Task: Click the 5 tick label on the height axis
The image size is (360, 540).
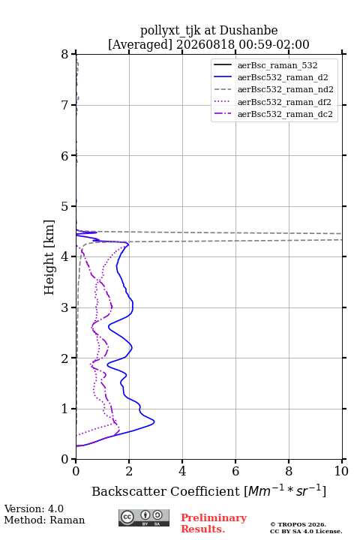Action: click(x=64, y=207)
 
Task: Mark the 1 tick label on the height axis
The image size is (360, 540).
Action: click(x=64, y=409)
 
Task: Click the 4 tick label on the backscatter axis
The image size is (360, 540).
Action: click(x=182, y=471)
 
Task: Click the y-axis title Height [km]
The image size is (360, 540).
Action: click(x=49, y=257)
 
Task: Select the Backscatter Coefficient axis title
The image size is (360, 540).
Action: click(x=208, y=491)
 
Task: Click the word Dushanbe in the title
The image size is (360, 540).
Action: click(x=248, y=31)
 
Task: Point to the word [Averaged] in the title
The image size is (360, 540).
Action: click(x=140, y=45)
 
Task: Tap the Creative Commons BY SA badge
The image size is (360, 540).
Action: click(x=144, y=517)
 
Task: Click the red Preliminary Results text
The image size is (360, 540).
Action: click(x=214, y=523)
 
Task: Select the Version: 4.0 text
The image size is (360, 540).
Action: click(x=34, y=508)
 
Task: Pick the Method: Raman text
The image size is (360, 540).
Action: click(x=44, y=520)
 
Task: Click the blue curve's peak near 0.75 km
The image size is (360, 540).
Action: click(x=154, y=421)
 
